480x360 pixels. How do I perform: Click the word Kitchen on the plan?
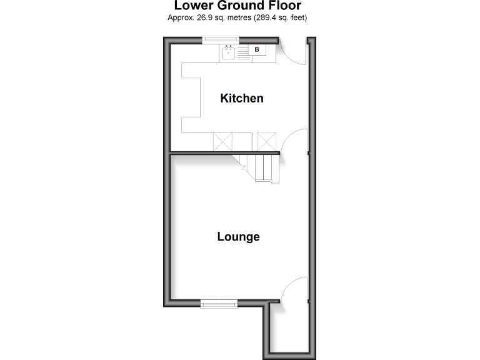241,98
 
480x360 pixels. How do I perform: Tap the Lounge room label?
238,237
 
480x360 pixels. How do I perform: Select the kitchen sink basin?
229,53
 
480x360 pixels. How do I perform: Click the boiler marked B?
256,49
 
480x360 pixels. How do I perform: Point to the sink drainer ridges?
242,53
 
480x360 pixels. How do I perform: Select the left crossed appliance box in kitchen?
223,141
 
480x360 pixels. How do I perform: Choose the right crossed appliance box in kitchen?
266,141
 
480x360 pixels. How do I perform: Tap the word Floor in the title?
285,6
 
